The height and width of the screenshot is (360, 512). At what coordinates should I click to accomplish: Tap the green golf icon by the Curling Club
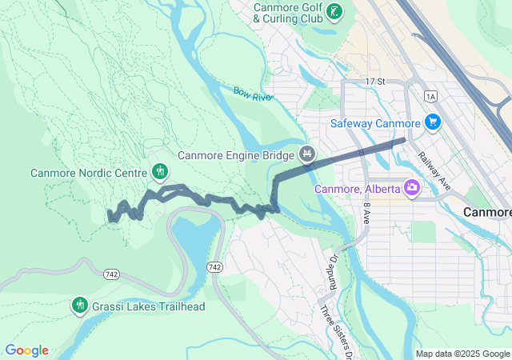(x=335, y=12)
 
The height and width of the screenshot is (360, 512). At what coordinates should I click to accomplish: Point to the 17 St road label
(x=374, y=82)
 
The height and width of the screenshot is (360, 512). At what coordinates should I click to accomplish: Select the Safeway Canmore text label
(x=375, y=123)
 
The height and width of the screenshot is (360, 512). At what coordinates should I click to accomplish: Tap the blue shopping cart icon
(x=433, y=122)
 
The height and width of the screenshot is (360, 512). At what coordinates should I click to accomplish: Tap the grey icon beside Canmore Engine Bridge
(x=305, y=153)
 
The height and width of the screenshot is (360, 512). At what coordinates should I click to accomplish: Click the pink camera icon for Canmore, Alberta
(x=412, y=188)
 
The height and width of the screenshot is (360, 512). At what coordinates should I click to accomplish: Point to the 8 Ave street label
(x=366, y=213)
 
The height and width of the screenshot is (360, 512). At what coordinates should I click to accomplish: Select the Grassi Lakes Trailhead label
(x=148, y=306)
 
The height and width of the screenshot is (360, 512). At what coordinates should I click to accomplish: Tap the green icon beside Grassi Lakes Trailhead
(x=79, y=305)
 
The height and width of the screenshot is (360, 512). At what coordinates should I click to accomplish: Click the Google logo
(x=26, y=350)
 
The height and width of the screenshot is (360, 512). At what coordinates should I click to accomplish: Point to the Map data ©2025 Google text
(x=462, y=354)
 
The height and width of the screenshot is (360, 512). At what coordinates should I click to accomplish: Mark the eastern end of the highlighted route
(x=404, y=140)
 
